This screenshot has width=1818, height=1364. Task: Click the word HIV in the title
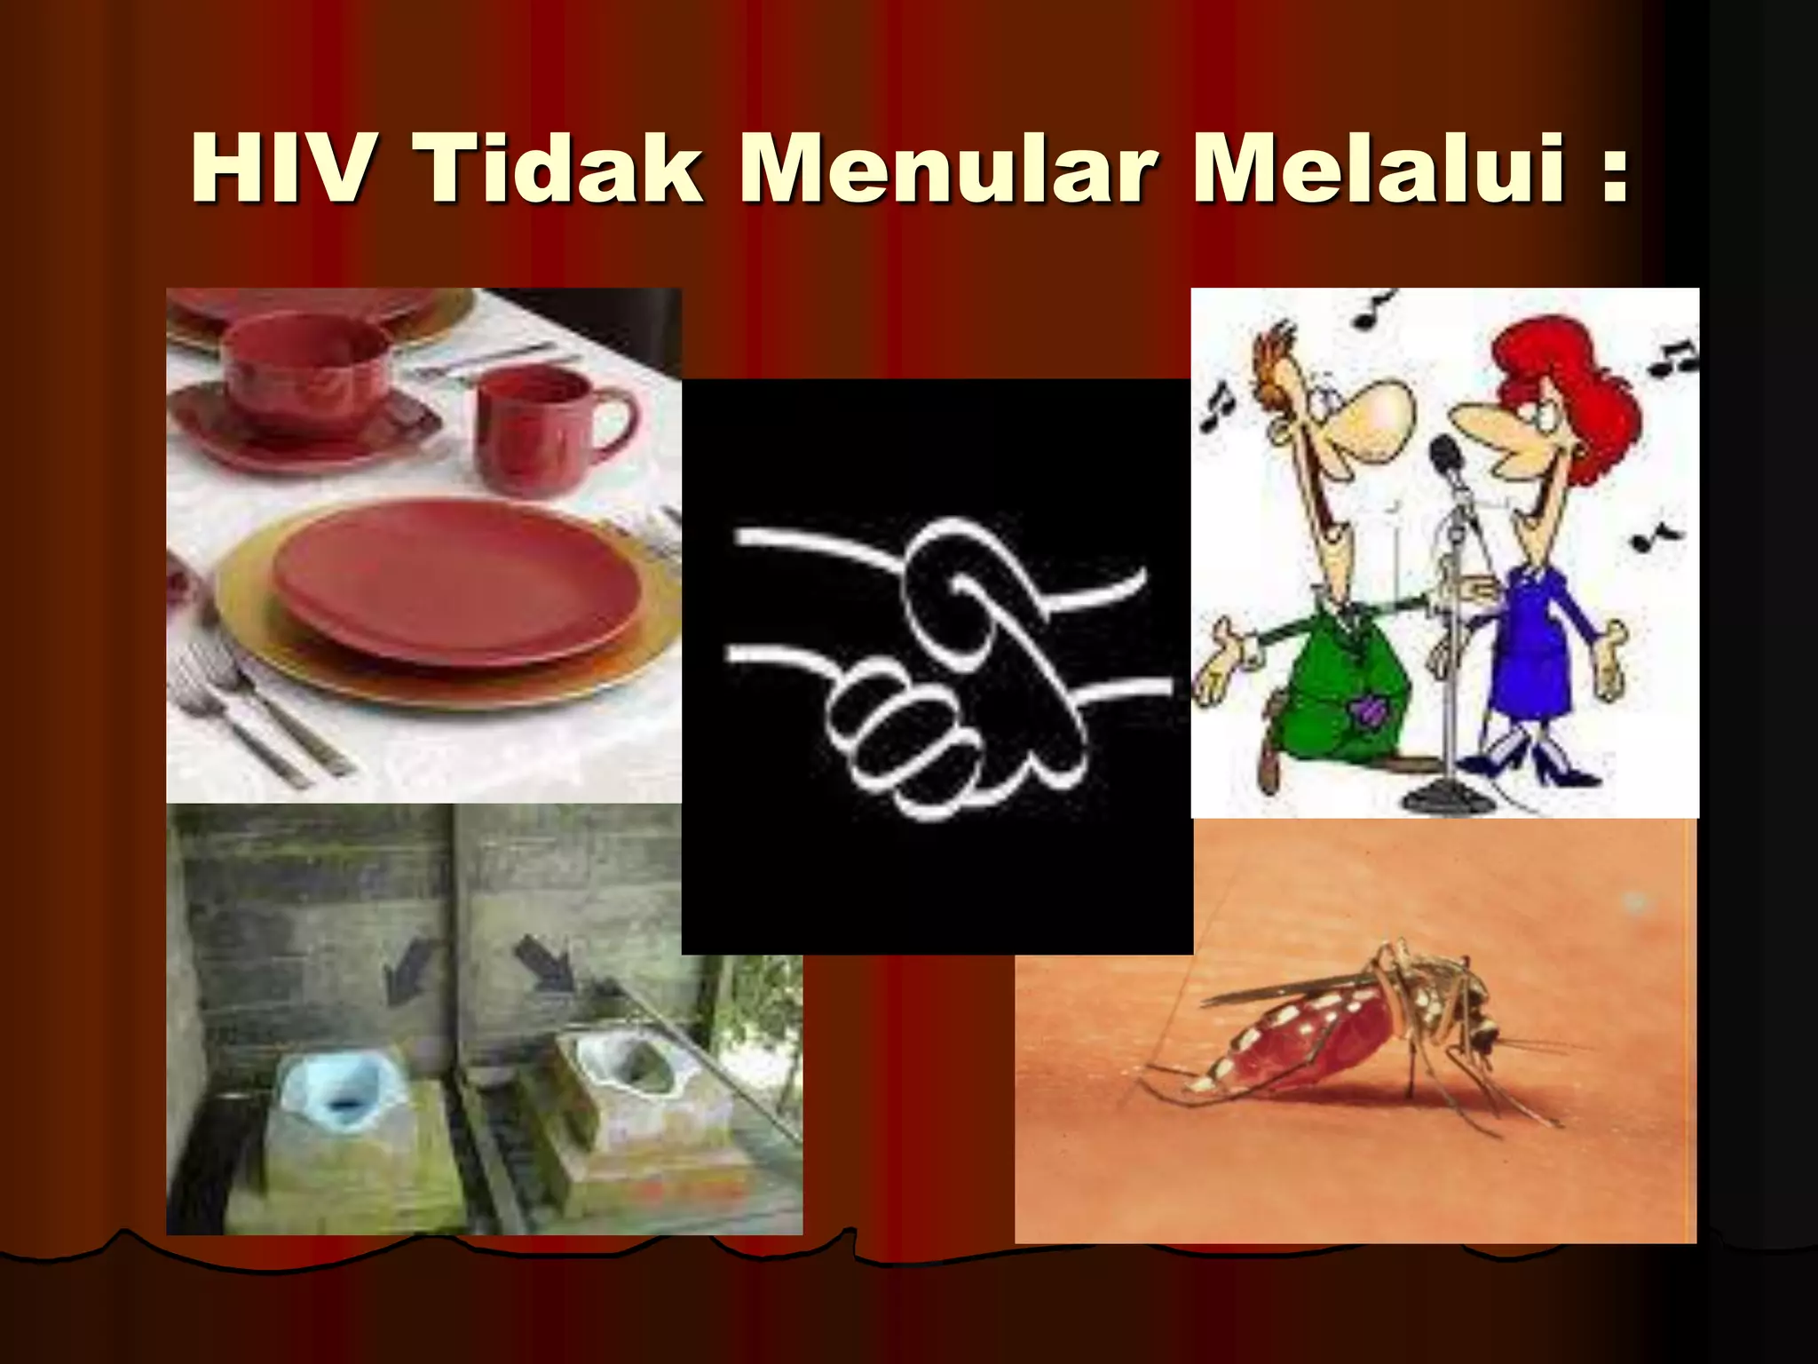(x=278, y=169)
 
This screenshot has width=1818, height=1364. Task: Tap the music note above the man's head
(x=1372, y=311)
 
